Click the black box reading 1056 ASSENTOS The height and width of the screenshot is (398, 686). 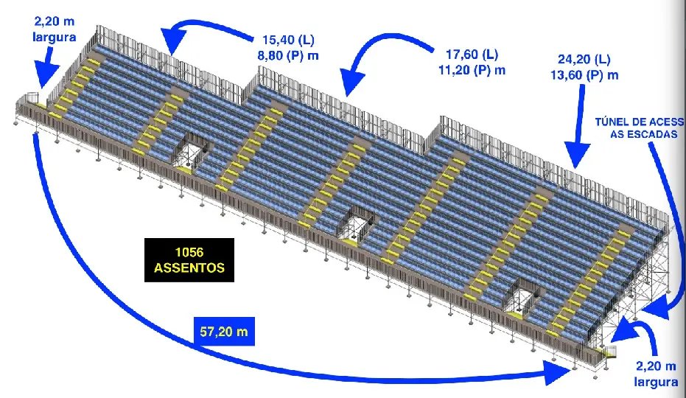189,260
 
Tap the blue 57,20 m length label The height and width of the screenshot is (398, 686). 223,332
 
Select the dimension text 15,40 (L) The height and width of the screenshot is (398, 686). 288,40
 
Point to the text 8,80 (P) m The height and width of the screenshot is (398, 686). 287,56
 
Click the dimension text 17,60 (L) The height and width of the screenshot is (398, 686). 472,55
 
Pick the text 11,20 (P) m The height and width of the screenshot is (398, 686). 472,70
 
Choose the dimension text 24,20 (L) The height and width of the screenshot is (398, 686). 584,59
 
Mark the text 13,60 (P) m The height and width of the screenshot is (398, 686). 584,75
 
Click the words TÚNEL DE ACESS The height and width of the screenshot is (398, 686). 640,122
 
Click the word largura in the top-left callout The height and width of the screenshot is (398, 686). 55,37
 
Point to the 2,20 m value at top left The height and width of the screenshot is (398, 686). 55,21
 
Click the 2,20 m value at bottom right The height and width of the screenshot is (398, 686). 656,366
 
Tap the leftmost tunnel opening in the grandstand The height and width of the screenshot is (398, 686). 189,150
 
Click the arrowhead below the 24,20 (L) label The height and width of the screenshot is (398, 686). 578,155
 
